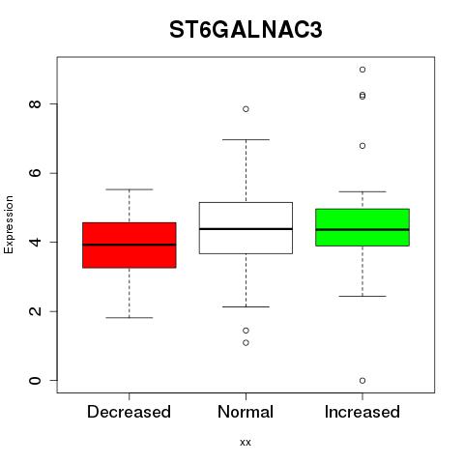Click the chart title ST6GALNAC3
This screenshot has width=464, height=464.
point(246,30)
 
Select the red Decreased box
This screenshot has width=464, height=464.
point(130,245)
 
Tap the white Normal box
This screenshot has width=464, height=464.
point(246,228)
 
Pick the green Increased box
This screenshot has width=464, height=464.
point(362,227)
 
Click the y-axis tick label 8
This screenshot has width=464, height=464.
point(35,103)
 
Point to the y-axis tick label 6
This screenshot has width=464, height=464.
point(35,173)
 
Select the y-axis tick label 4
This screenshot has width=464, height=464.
point(35,242)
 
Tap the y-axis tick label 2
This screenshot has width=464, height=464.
point(35,311)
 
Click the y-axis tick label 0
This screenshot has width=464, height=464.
point(35,380)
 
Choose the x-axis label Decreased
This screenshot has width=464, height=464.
point(129,412)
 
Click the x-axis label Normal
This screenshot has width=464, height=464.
point(246,412)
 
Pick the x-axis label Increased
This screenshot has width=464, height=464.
point(362,412)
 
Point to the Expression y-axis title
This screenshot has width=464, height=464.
point(9,224)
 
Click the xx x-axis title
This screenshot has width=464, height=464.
point(246,443)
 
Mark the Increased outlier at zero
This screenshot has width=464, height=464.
point(362,381)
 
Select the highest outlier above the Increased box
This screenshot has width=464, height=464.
point(362,70)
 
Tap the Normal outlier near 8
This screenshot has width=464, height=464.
point(246,109)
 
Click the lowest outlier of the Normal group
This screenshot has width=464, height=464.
point(246,343)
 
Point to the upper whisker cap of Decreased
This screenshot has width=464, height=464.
point(130,189)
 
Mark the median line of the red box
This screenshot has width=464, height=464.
point(130,245)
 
